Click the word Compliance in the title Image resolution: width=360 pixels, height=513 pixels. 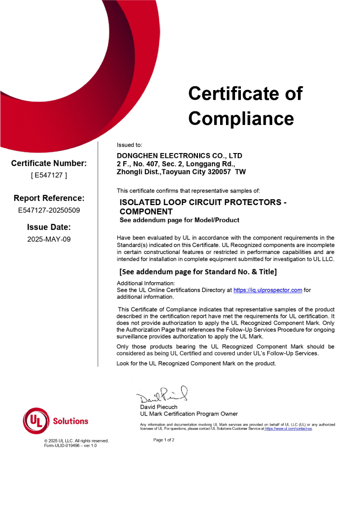(x=241, y=119)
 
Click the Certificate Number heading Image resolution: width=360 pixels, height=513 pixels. (x=49, y=163)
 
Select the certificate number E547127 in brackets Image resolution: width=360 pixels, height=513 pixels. (x=49, y=175)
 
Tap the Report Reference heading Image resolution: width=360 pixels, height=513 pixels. (x=49, y=198)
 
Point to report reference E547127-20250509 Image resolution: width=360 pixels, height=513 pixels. (x=49, y=210)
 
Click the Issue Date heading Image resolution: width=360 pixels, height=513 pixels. (x=49, y=227)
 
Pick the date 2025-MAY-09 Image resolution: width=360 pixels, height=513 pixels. (x=49, y=239)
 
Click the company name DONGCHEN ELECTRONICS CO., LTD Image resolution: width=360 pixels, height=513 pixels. (x=179, y=156)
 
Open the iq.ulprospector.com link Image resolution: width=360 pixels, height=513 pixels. (x=268, y=290)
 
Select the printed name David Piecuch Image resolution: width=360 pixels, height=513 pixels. (x=158, y=407)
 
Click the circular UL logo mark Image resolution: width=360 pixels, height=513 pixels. (x=36, y=421)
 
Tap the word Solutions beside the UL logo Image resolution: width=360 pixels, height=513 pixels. (x=71, y=421)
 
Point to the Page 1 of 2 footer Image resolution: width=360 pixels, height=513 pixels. (x=164, y=440)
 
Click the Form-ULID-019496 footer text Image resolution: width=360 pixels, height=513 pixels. (x=70, y=446)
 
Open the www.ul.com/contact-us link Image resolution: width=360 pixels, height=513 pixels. (x=288, y=428)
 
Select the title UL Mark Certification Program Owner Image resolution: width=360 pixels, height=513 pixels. (x=189, y=414)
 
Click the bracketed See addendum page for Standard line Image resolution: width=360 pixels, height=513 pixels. (x=198, y=272)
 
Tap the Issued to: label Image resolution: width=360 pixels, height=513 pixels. (x=130, y=145)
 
